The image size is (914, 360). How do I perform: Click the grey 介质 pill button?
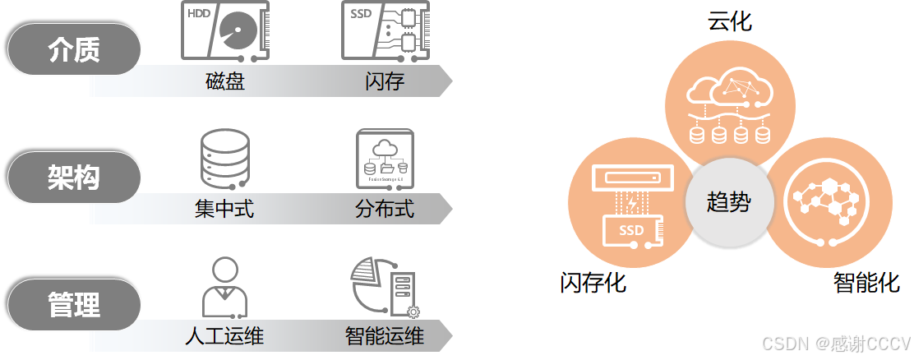(74, 49)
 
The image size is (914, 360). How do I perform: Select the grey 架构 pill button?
(74, 177)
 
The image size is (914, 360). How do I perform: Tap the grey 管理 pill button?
(74, 304)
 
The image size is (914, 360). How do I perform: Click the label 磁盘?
(224, 82)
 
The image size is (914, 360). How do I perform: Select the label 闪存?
(385, 82)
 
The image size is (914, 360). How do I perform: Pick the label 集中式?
(224, 209)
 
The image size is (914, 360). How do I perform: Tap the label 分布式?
(385, 209)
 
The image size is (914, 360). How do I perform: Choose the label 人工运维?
(224, 336)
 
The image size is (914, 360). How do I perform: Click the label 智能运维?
(385, 336)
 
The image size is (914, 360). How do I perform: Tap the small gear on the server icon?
(413, 312)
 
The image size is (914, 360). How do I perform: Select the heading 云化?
(729, 21)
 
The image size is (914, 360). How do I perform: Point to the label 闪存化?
(593, 284)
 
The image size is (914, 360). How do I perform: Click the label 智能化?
(866, 284)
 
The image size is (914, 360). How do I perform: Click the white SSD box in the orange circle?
(631, 231)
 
